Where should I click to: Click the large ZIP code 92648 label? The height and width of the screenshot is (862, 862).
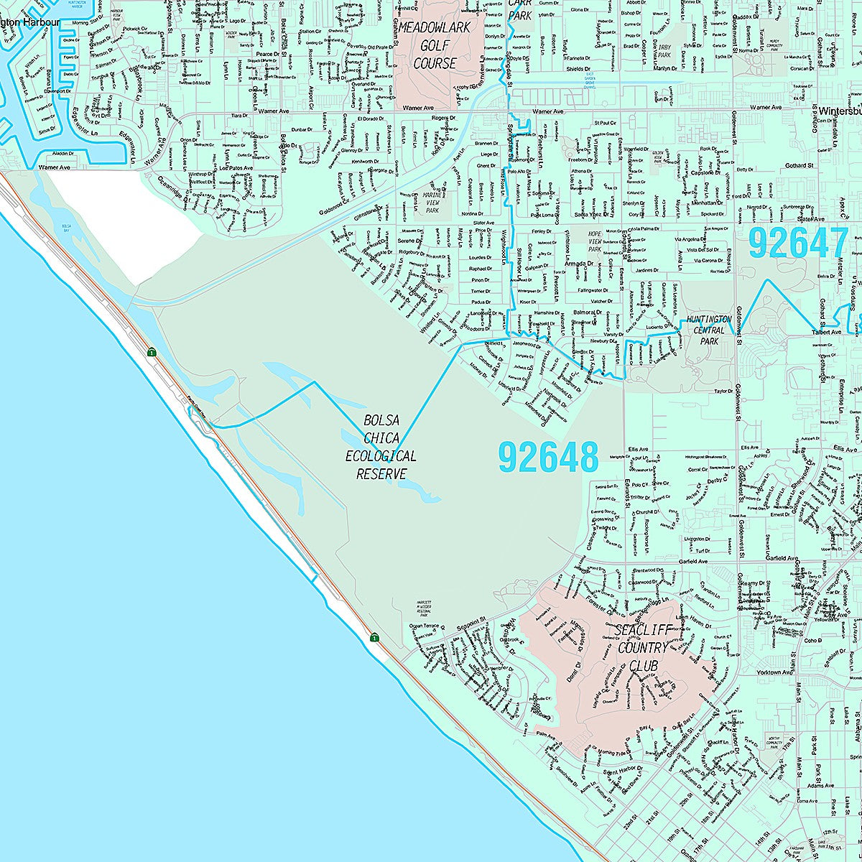tap(548, 458)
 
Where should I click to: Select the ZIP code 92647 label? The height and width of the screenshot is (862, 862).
tap(797, 244)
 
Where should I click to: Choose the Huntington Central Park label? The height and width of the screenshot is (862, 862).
tap(708, 330)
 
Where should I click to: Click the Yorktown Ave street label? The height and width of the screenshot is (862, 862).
tap(774, 672)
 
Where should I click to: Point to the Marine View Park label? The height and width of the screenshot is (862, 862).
tap(432, 202)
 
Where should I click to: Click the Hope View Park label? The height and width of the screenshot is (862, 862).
tap(594, 241)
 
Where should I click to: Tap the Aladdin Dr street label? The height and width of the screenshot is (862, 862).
tap(62, 154)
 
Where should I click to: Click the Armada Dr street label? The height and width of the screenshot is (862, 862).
tap(578, 264)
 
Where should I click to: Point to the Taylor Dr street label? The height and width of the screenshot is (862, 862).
tap(723, 391)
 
